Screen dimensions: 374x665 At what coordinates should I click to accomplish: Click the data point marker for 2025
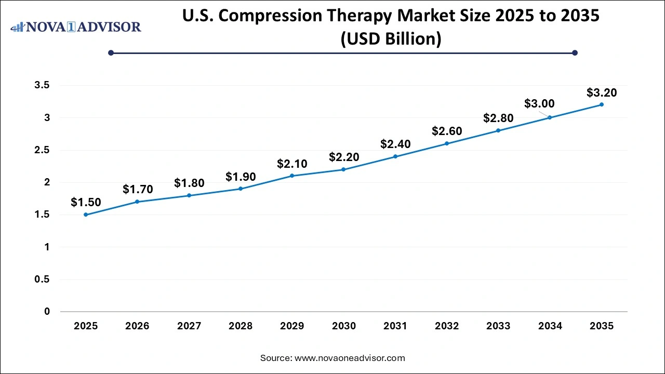[x=86, y=215]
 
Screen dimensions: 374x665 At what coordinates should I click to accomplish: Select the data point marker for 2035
[x=602, y=104]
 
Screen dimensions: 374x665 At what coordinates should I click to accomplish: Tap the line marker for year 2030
[x=343, y=169]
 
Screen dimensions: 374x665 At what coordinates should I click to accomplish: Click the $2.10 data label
[x=292, y=164]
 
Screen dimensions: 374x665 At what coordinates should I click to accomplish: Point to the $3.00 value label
[x=539, y=104]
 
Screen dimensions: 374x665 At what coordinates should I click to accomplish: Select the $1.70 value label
[x=138, y=190]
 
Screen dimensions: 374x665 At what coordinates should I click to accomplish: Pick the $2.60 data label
[x=447, y=131]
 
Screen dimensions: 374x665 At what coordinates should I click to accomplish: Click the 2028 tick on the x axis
[x=241, y=326]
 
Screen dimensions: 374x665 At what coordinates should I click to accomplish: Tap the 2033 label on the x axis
[x=498, y=326]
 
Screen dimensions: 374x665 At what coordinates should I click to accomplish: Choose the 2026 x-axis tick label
[x=137, y=326]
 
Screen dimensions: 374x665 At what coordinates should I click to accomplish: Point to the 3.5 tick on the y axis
[x=43, y=86]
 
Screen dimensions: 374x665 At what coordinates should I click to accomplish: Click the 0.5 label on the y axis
[x=43, y=279]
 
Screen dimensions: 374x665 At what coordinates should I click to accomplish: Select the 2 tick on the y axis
[x=47, y=182]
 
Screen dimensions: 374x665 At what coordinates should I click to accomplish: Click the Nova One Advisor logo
[x=76, y=26]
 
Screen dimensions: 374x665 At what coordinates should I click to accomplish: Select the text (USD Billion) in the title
[x=391, y=39]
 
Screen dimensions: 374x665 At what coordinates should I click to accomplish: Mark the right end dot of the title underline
[x=575, y=52]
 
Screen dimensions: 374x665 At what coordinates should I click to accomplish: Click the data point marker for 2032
[x=447, y=143]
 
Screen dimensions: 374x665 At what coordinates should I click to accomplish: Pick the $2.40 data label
[x=395, y=144]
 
